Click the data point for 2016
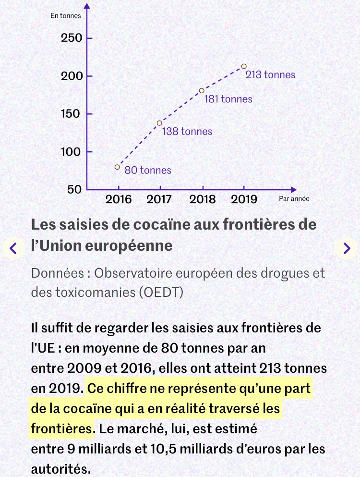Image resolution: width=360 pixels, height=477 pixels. pyautogui.click(x=117, y=167)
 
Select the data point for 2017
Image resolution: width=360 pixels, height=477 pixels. pyautogui.click(x=159, y=123)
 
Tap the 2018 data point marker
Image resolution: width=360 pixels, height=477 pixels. pyautogui.click(x=202, y=90)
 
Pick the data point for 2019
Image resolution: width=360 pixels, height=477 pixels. pyautogui.click(x=244, y=66)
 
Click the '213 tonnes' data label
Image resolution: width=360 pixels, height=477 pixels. pyautogui.click(x=270, y=75)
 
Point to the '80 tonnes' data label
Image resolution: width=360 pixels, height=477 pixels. pyautogui.click(x=148, y=170)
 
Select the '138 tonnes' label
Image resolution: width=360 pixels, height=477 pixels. pyautogui.click(x=187, y=131)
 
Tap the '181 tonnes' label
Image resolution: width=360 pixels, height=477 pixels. pyautogui.click(x=228, y=99)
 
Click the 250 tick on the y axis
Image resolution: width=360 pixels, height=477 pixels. pyautogui.click(x=72, y=38)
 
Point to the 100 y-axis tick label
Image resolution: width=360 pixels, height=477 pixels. pyautogui.click(x=72, y=152)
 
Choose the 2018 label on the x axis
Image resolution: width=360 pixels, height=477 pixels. pyautogui.click(x=203, y=199)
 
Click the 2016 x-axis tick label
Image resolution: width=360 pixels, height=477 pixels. pyautogui.click(x=118, y=199)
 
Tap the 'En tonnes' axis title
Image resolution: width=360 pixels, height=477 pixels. pyautogui.click(x=66, y=15)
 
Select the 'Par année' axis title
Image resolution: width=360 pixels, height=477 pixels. pyautogui.click(x=294, y=198)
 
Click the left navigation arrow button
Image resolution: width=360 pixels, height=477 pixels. pyautogui.click(x=13, y=248)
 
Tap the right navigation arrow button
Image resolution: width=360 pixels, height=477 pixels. pyautogui.click(x=347, y=248)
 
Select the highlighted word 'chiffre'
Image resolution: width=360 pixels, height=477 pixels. pyautogui.click(x=127, y=388)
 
